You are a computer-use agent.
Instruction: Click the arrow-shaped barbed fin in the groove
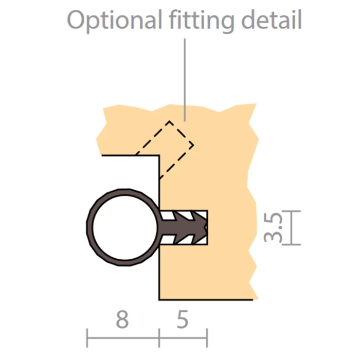[x=188, y=227]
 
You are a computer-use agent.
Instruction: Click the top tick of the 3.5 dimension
[x=292, y=210]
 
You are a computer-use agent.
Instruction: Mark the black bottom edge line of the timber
[x=206, y=299]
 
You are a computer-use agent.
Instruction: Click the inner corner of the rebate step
[x=159, y=155]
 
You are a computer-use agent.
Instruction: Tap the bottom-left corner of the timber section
[x=159, y=299]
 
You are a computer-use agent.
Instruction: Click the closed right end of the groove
[x=207, y=227]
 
